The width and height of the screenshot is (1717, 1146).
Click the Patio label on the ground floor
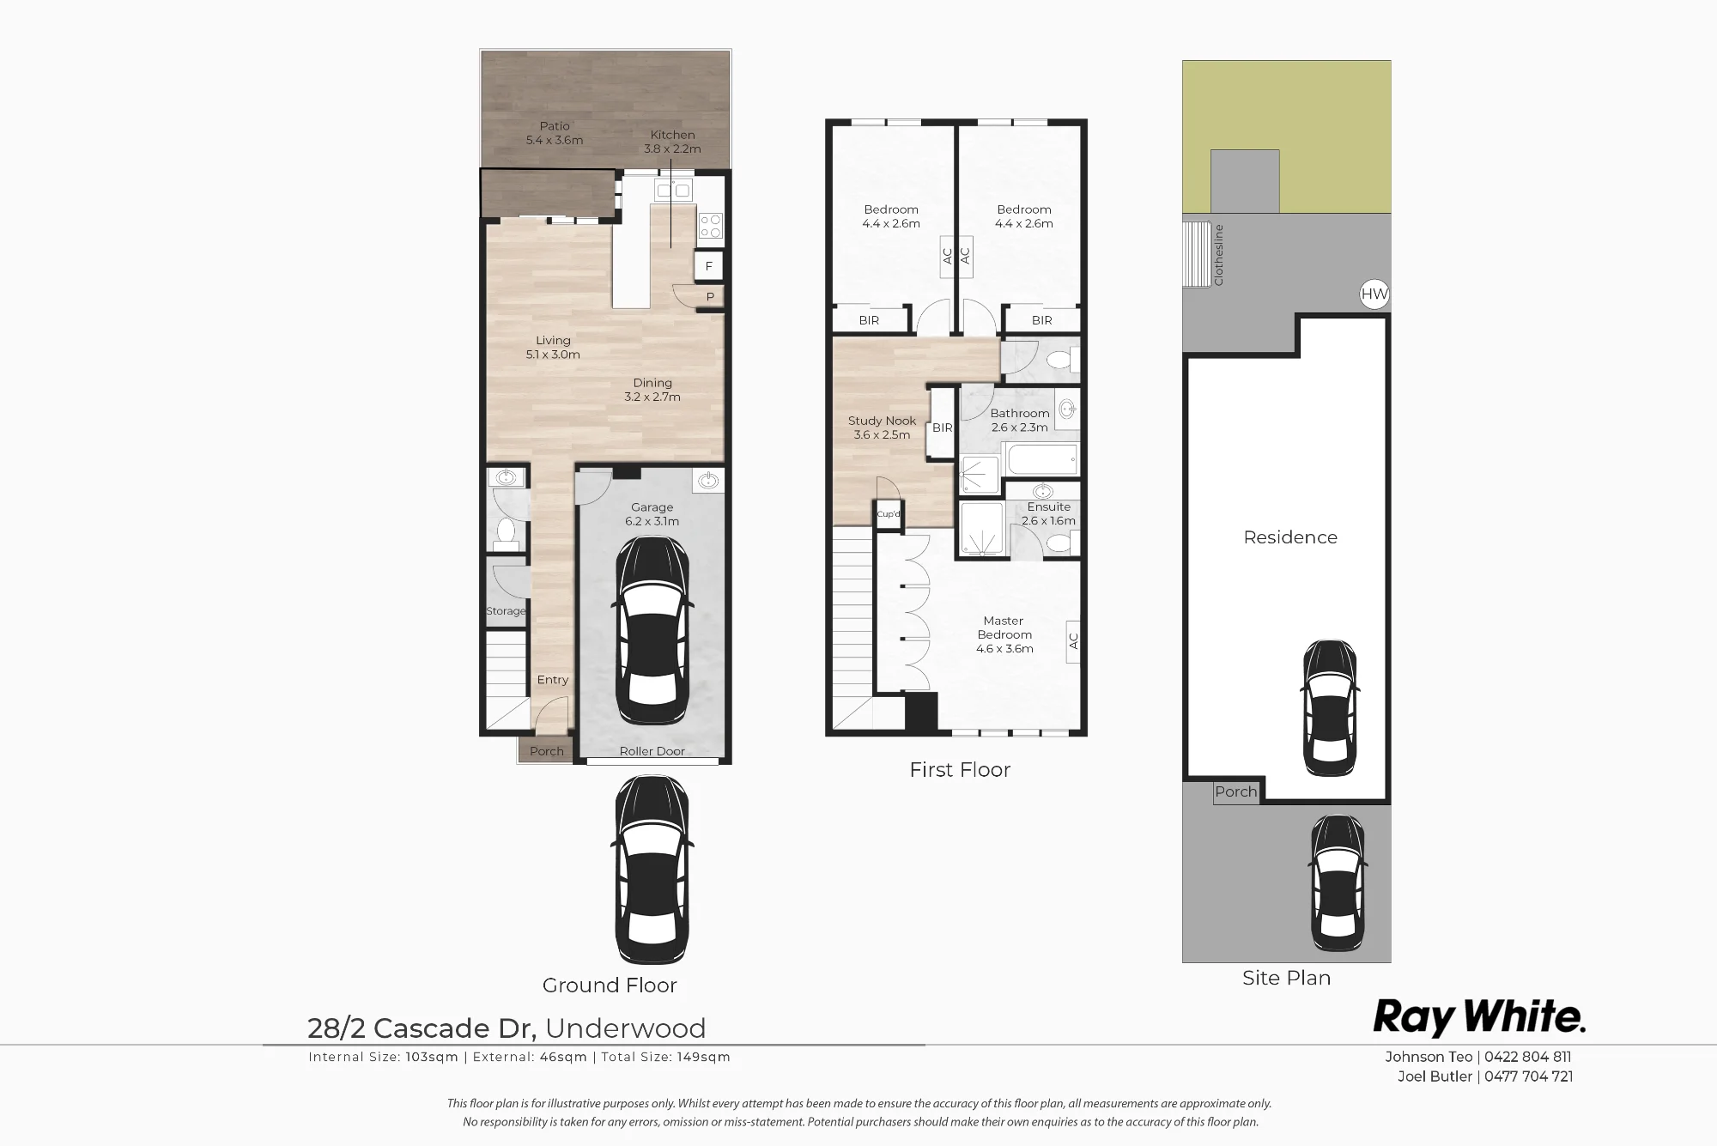coord(555,126)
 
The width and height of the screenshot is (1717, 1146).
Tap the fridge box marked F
coord(709,266)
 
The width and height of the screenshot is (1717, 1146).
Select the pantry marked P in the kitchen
coord(710,297)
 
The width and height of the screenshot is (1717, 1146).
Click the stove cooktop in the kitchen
coord(711,226)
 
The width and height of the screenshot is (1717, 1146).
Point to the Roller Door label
coord(652,751)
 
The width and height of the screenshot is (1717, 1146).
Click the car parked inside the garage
coord(652,631)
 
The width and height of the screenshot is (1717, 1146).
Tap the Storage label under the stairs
coord(506,611)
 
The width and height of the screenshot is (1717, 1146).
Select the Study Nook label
coord(882,421)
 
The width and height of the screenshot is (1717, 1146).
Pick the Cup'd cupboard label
coord(889,514)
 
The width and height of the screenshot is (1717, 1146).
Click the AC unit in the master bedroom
coord(1073,641)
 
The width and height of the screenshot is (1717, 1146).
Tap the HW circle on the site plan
coord(1374,294)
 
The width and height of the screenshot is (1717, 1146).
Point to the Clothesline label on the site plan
coord(1218,255)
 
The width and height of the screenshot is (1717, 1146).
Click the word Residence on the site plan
coord(1290,537)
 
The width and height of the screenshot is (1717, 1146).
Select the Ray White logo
coord(1479,1017)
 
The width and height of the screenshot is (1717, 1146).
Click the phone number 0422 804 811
coord(1528,1058)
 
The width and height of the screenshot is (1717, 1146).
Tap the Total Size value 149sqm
coord(703,1058)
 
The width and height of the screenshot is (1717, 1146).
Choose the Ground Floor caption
coord(610,985)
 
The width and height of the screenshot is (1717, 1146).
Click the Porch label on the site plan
coord(1236,791)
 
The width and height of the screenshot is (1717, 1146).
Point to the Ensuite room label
coord(1049,506)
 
